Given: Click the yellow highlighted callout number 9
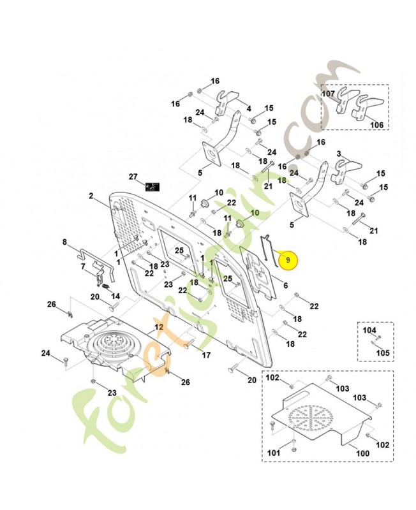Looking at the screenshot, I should click(x=288, y=260).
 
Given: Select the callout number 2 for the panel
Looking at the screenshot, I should click(x=91, y=196).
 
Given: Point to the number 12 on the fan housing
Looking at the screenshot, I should click(x=159, y=327).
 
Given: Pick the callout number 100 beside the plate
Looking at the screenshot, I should click(x=362, y=453).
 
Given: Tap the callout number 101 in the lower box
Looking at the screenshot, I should click(x=273, y=453).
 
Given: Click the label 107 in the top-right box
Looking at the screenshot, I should click(x=328, y=93).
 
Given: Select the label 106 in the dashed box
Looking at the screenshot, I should click(x=377, y=125).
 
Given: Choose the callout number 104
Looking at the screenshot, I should click(x=369, y=330).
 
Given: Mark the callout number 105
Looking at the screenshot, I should click(x=382, y=353).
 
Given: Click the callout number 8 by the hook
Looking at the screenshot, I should click(x=64, y=242).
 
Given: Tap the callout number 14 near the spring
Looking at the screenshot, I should click(x=115, y=296).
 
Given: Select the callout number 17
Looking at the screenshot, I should click(x=206, y=354).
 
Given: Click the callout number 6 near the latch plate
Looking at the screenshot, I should click(x=285, y=286).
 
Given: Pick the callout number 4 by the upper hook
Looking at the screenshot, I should click(x=248, y=108).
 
